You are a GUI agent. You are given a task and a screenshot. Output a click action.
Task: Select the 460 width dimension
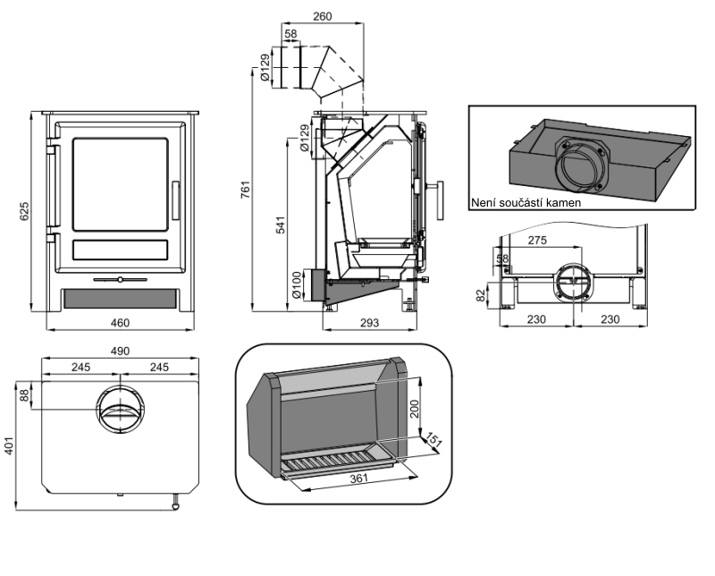click(120, 323)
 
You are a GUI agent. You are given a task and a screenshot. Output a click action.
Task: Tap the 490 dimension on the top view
click(120, 352)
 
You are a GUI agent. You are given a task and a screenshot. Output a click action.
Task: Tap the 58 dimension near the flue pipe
click(290, 34)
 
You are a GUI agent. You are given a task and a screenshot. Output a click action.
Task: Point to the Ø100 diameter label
click(295, 284)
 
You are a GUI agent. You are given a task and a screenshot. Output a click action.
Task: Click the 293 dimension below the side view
click(368, 323)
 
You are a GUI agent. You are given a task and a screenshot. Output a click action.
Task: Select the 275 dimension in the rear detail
click(537, 241)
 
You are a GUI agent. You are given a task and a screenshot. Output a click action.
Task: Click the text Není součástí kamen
click(526, 203)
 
